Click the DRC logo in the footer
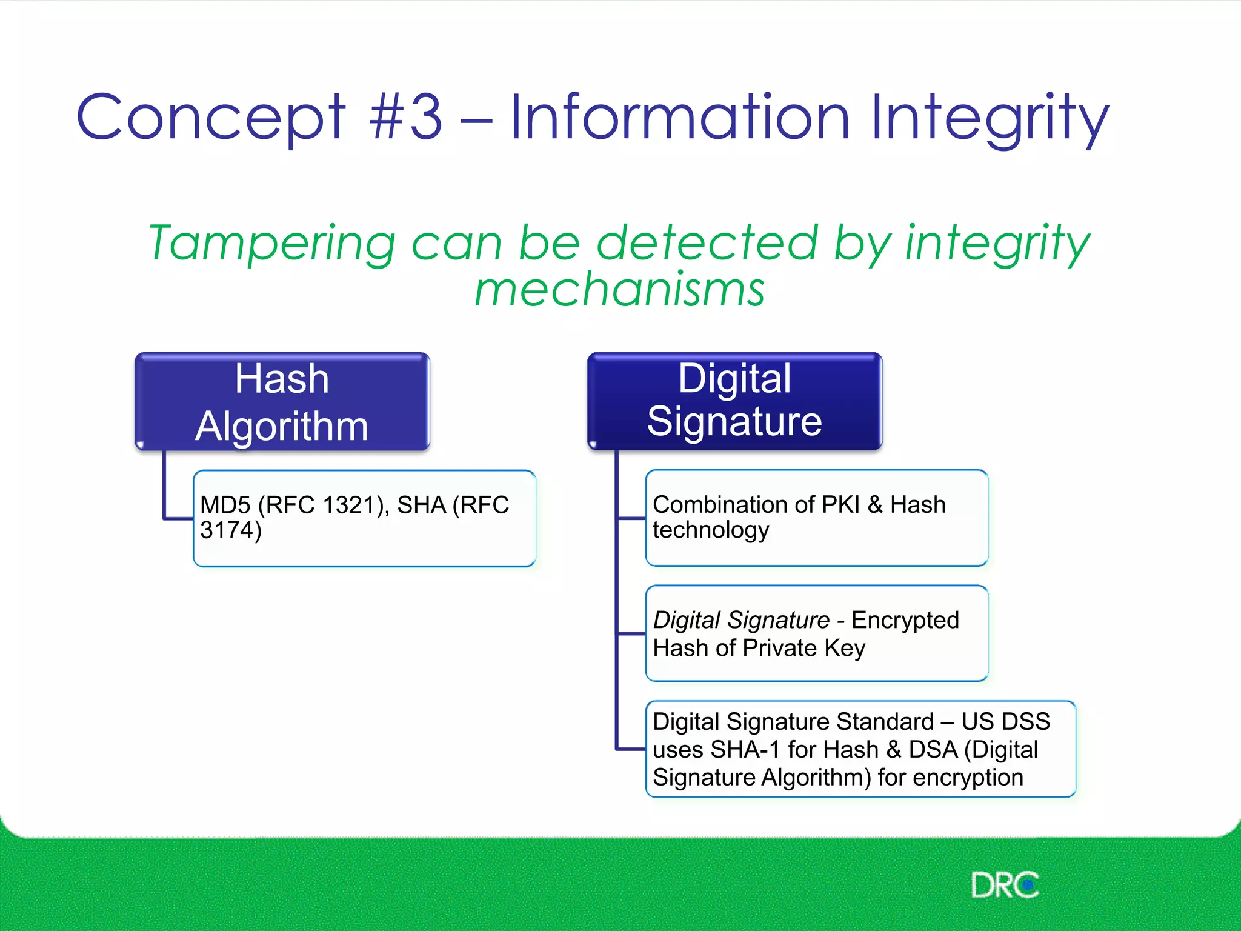pyautogui.click(x=1005, y=886)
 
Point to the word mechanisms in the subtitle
pyautogui.click(x=619, y=290)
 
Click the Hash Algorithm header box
pyautogui.click(x=282, y=401)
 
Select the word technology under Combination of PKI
pyautogui.click(x=710, y=530)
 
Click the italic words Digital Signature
pyautogui.click(x=740, y=620)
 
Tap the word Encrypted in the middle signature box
pyautogui.click(x=905, y=620)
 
